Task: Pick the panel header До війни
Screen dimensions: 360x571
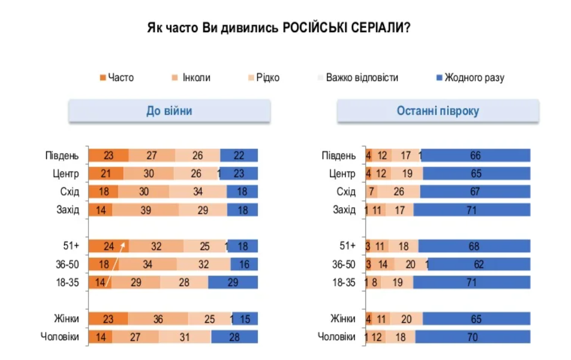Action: point(169,111)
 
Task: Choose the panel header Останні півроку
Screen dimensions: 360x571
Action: point(438,111)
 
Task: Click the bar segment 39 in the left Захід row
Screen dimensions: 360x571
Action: point(145,210)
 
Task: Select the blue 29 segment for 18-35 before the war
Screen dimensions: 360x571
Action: point(233,283)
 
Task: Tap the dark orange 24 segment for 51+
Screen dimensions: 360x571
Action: point(109,246)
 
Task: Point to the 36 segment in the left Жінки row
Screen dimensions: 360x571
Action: point(158,319)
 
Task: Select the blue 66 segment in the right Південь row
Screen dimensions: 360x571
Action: point(476,156)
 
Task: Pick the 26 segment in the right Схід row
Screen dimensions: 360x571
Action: point(400,192)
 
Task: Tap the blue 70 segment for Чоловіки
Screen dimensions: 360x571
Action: point(472,337)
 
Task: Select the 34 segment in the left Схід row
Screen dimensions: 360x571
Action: point(198,192)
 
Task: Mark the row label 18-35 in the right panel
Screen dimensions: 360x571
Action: point(344,283)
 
